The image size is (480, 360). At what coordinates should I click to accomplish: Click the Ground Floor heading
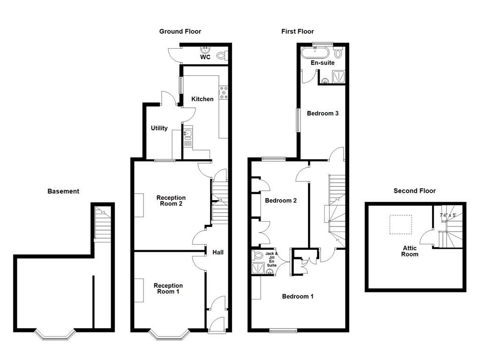[x=180, y=31]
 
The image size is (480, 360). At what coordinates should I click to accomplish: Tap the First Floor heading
[x=297, y=31]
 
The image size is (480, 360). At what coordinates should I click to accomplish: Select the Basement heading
[x=63, y=191]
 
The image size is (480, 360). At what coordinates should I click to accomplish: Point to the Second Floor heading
[x=414, y=191]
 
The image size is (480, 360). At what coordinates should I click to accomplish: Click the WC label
[x=205, y=57]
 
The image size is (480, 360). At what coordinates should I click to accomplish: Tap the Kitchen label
[x=202, y=99]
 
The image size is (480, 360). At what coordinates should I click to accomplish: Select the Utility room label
[x=159, y=128]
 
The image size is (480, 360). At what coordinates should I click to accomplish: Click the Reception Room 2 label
[x=171, y=201]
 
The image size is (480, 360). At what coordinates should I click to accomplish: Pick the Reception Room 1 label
[x=168, y=288]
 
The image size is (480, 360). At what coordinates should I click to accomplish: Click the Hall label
[x=218, y=252]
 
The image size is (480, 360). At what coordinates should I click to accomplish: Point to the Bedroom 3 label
[x=322, y=113]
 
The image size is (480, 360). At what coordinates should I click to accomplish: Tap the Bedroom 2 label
[x=281, y=201]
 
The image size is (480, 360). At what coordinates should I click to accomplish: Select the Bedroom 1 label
[x=298, y=296]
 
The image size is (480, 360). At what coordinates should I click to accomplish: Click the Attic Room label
[x=410, y=251]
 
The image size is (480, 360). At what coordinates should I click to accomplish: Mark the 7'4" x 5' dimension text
[x=448, y=215]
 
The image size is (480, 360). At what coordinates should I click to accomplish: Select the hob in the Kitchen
[x=223, y=92]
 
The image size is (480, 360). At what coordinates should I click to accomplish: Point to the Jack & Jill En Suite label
[x=272, y=259]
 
